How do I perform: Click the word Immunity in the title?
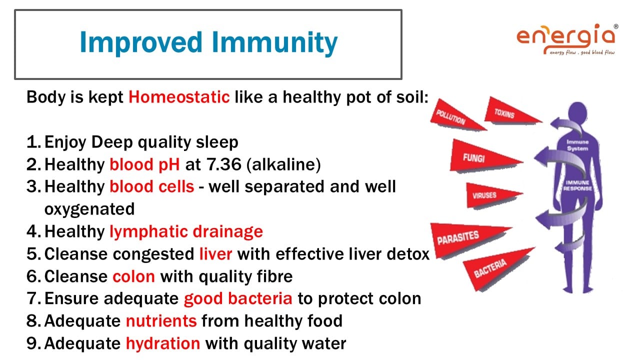(x=274, y=43)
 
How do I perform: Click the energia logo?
(x=567, y=39)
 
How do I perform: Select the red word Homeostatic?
(x=179, y=97)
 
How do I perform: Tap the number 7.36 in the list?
(x=224, y=164)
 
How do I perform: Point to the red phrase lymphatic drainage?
(x=186, y=231)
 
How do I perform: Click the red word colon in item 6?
(x=133, y=276)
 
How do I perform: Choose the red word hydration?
(x=163, y=343)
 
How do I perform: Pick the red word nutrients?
(x=161, y=321)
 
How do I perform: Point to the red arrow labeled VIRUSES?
(x=491, y=195)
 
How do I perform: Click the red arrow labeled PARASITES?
(x=465, y=238)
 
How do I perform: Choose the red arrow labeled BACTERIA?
(x=495, y=268)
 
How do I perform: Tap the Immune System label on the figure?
(x=577, y=145)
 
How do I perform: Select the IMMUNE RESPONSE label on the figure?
(x=577, y=185)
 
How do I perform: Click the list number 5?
(x=33, y=254)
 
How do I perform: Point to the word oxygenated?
(x=89, y=209)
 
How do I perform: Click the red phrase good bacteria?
(x=238, y=298)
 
